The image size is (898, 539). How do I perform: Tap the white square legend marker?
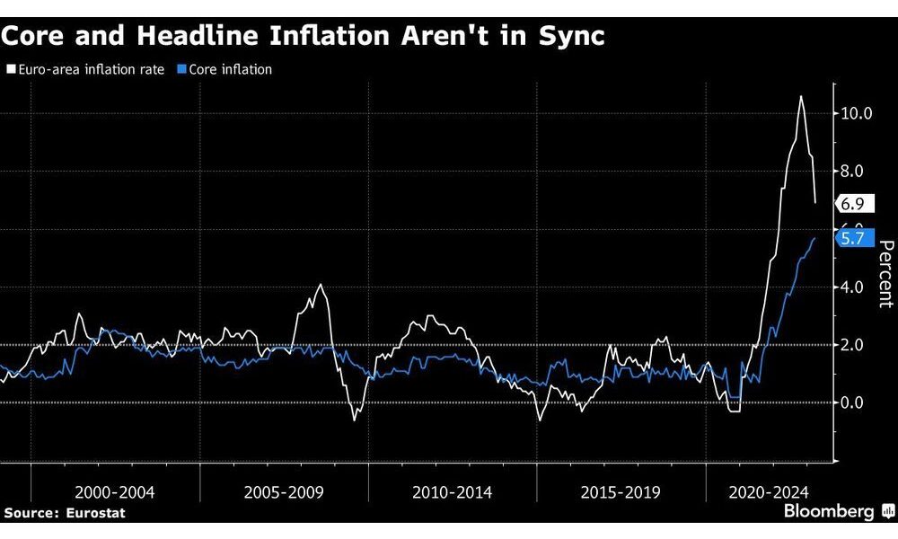tap(11, 69)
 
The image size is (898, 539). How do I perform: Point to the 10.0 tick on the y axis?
tap(856, 113)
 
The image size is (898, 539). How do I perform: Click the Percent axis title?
tap(885, 274)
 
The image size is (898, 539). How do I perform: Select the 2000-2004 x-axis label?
tap(115, 492)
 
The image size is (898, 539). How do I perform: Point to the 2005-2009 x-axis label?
tap(283, 492)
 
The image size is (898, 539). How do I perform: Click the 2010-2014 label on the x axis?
tap(452, 492)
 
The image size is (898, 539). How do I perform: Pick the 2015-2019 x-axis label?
tap(621, 492)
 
